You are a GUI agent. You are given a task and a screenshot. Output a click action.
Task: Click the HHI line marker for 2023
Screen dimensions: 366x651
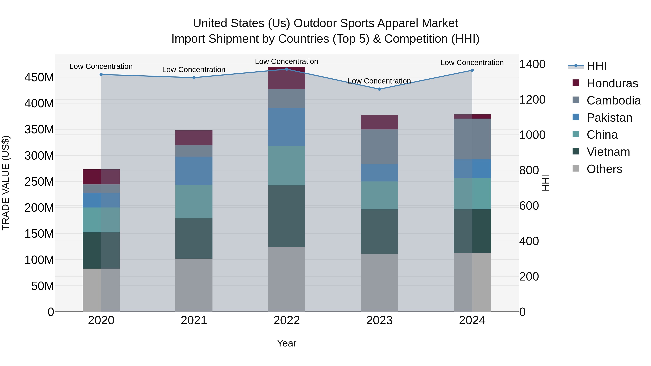click(379, 89)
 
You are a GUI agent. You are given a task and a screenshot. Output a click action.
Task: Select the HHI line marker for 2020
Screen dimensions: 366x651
click(101, 74)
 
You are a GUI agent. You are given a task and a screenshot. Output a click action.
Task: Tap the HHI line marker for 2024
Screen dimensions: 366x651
click(472, 70)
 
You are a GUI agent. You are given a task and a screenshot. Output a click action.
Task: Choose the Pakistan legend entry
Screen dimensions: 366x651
click(609, 118)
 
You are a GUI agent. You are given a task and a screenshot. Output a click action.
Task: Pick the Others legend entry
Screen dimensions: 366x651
click(604, 169)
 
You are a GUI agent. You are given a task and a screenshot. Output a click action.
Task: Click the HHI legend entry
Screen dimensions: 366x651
click(596, 66)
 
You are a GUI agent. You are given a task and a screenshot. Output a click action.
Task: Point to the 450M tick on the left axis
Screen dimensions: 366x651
click(39, 77)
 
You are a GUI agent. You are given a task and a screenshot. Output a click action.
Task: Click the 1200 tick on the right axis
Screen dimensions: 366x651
click(532, 100)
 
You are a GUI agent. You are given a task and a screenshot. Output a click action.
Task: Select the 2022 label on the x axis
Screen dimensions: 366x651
click(287, 320)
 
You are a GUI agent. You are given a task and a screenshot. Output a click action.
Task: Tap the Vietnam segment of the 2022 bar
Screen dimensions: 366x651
click(287, 216)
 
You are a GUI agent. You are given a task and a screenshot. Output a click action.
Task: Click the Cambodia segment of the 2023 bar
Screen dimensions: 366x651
click(379, 147)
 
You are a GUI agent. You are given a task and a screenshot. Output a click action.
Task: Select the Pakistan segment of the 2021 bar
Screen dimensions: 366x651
click(194, 171)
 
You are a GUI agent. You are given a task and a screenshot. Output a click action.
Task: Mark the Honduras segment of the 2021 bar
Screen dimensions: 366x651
click(194, 138)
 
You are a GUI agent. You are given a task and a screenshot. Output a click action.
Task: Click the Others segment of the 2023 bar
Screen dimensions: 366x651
click(379, 283)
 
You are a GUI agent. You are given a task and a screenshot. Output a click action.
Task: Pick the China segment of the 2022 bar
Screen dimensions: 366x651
click(287, 166)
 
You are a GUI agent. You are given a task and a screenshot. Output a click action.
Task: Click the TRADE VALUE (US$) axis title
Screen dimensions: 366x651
click(6, 183)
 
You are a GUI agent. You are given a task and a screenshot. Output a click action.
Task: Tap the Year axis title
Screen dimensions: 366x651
click(287, 343)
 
